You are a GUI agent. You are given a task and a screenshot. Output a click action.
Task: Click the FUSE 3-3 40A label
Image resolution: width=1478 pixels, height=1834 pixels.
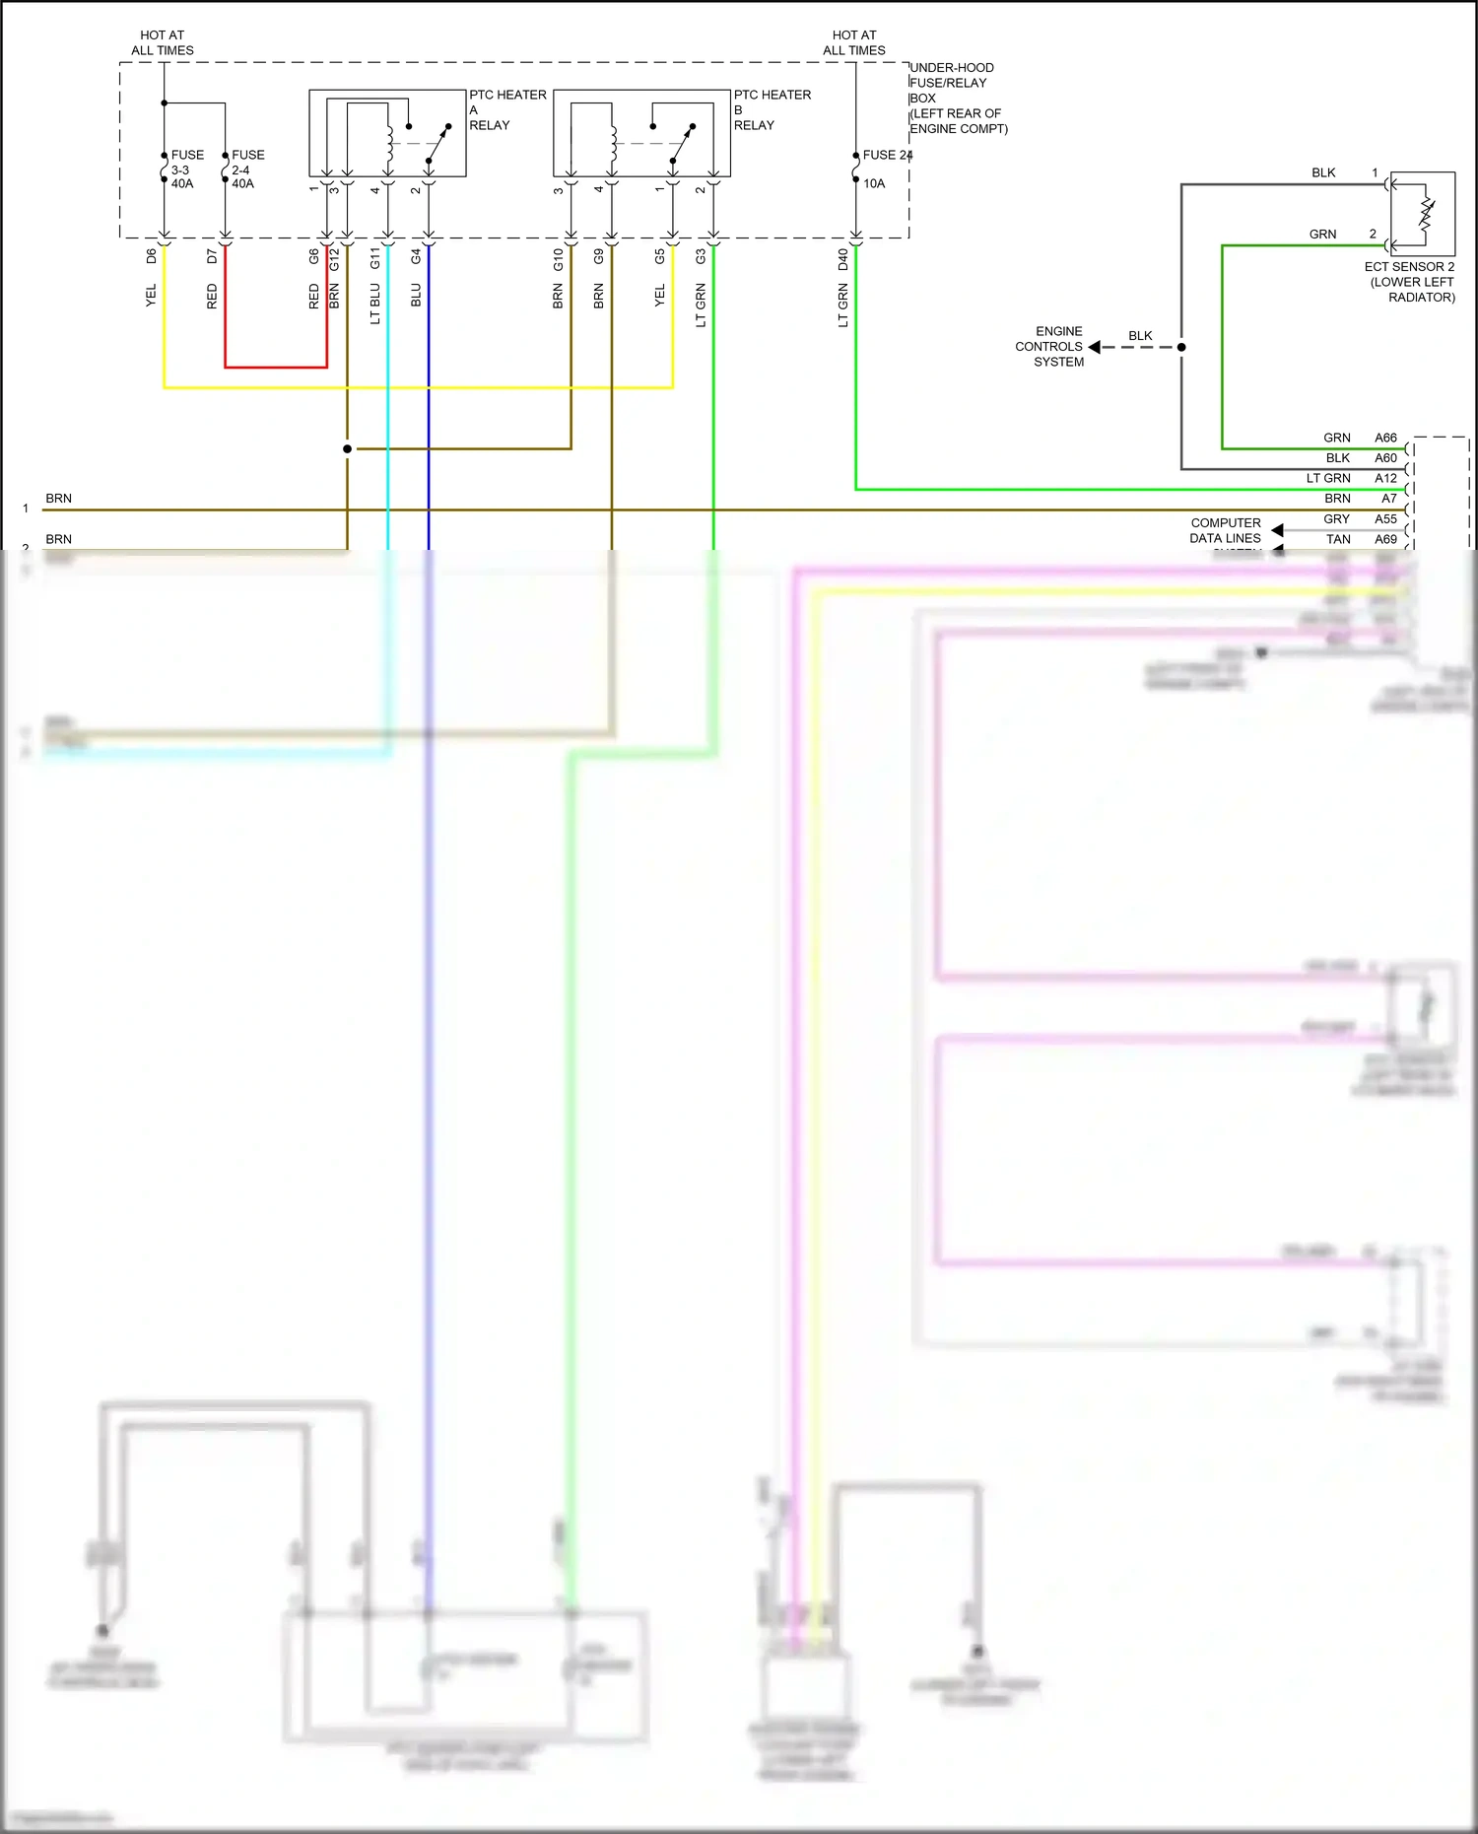tap(186, 170)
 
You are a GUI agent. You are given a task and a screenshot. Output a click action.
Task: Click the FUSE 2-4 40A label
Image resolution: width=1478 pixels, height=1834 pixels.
tap(246, 170)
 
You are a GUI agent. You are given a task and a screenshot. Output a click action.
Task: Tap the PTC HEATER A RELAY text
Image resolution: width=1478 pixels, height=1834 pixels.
tap(506, 109)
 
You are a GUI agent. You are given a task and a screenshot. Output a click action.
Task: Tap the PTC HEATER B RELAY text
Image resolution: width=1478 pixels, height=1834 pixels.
tap(772, 109)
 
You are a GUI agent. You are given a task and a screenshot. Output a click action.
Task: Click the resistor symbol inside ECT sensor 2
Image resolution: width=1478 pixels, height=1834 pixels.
tap(1426, 214)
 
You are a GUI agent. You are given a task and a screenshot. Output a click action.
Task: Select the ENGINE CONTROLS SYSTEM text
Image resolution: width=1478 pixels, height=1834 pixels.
tap(1050, 347)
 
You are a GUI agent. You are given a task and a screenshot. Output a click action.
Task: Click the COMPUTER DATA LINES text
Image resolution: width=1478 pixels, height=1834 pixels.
tap(1225, 530)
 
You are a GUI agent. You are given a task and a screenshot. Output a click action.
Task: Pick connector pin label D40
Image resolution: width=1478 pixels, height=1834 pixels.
tap(843, 259)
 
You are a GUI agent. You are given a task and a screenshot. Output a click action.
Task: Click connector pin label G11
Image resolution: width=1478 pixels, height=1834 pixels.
tap(375, 258)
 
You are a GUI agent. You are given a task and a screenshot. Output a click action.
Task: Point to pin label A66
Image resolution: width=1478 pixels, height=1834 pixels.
tap(1385, 438)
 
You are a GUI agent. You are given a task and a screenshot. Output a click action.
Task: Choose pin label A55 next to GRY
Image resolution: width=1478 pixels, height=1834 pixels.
tap(1385, 519)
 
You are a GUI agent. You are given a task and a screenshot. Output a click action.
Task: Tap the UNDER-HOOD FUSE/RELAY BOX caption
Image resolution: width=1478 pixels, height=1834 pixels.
tap(957, 99)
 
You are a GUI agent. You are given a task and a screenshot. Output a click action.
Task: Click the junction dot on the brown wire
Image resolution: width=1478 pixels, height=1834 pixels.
tap(347, 449)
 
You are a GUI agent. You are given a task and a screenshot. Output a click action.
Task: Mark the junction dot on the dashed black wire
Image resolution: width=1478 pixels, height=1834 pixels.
tap(1181, 347)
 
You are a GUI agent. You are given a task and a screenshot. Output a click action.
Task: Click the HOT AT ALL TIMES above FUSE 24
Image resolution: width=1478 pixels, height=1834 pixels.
tap(853, 42)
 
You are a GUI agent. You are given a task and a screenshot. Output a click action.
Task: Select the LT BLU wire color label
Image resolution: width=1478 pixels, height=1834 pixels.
tap(375, 304)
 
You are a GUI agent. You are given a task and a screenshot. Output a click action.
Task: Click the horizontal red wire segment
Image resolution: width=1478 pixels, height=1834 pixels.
tap(276, 368)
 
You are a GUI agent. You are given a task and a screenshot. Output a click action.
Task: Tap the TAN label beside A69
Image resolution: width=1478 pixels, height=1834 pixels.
tap(1338, 539)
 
